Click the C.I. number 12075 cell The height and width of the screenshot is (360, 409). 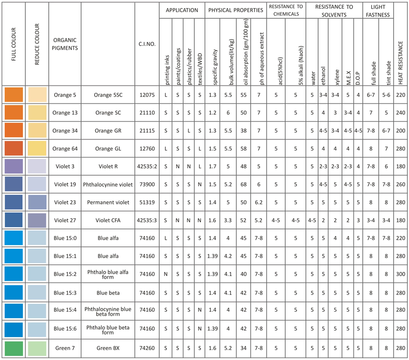click(146, 95)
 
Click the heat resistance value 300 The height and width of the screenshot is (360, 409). click(401, 274)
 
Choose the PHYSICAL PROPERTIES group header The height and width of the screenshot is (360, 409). click(235, 10)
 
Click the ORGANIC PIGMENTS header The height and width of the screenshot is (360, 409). click(65, 44)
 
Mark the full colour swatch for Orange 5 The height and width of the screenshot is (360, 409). click(13, 95)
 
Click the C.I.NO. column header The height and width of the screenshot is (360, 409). click(146, 44)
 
